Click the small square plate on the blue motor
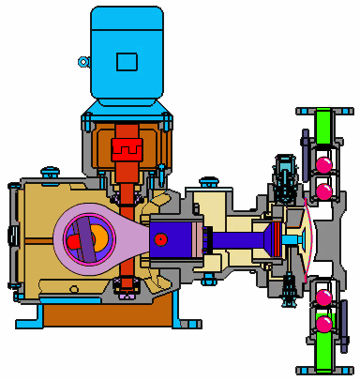(125, 62)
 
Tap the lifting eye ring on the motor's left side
(83, 62)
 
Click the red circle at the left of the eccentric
(74, 242)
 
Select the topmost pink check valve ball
(324, 166)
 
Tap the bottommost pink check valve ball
(324, 325)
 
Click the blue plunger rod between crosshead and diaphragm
(238, 239)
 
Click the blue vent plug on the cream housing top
(207, 180)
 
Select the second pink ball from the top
(324, 191)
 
